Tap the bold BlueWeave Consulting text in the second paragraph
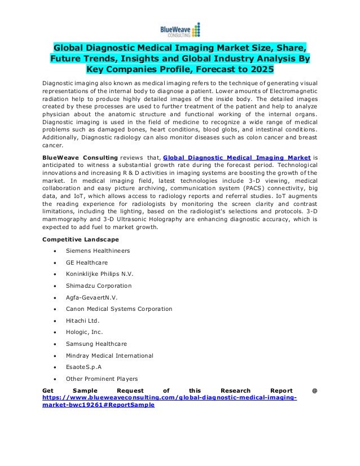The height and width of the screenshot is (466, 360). (x=78, y=143)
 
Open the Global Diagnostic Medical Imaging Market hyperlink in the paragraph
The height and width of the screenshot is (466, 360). (x=236, y=143)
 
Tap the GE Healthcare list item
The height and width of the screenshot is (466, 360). (x=86, y=262)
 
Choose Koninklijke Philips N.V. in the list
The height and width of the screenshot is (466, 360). (x=99, y=274)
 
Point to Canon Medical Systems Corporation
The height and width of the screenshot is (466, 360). (x=118, y=309)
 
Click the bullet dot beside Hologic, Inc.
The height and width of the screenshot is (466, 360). (x=53, y=332)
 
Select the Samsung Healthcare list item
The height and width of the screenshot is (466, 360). (x=96, y=344)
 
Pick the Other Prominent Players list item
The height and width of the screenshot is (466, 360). (x=102, y=379)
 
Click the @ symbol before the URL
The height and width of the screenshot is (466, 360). (x=314, y=390)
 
